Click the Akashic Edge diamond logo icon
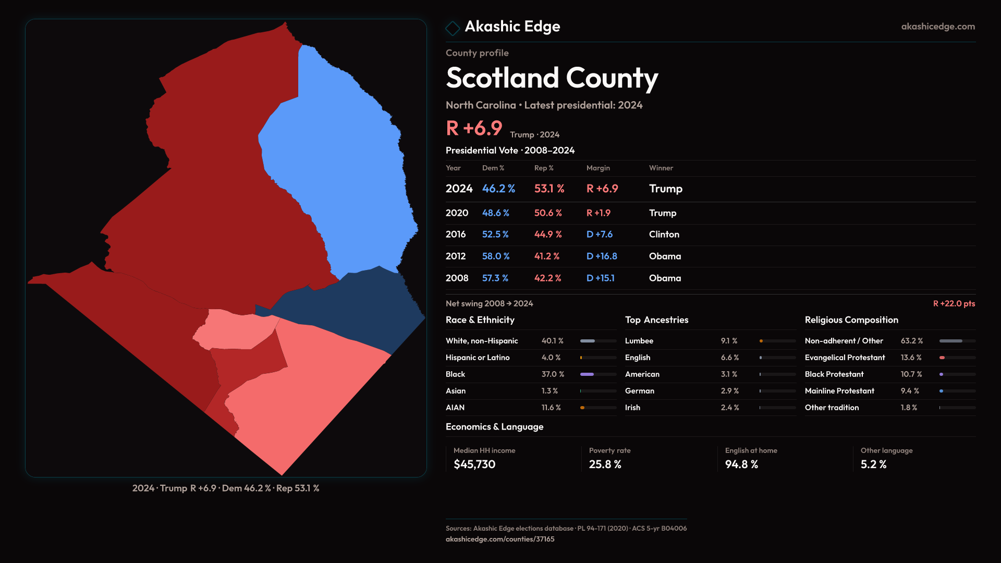tap(453, 28)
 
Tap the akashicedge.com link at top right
tap(938, 27)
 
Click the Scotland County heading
tap(552, 78)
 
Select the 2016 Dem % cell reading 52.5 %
tap(495, 235)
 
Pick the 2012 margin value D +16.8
tap(602, 256)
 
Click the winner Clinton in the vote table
tap(664, 235)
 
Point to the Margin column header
tap(598, 168)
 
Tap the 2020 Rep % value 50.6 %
tap(548, 213)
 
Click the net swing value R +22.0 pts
tap(954, 303)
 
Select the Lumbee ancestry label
tap(639, 341)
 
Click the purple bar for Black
tap(587, 374)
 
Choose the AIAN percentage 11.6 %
tap(551, 408)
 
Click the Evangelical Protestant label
tap(845, 358)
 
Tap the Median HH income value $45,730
tap(474, 464)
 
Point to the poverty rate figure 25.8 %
tap(605, 464)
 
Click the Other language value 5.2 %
tap(873, 464)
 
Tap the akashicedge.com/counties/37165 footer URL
tap(499, 540)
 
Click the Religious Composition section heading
tap(851, 320)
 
